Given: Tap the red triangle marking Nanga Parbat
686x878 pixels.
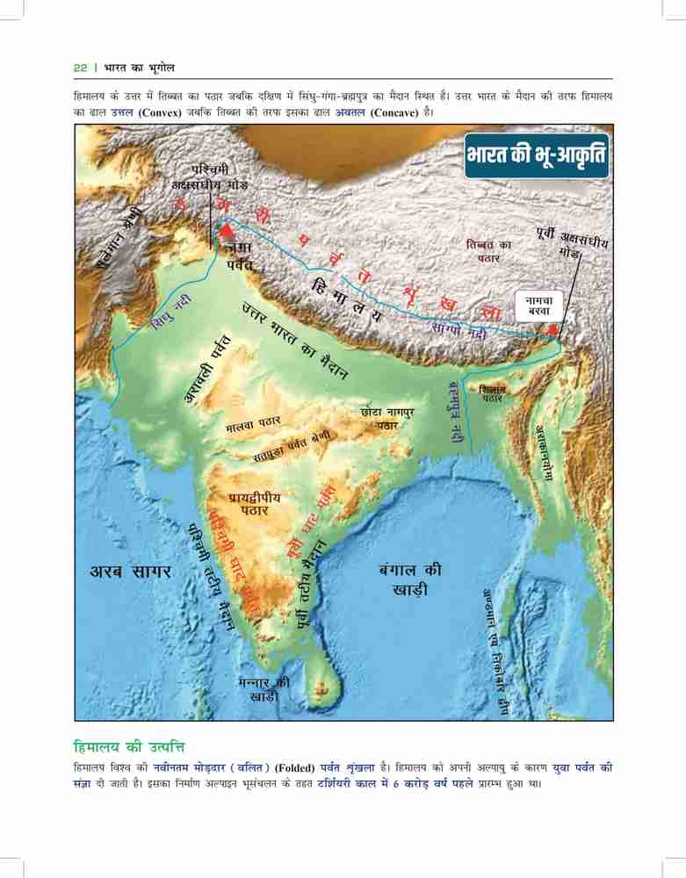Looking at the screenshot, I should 227,231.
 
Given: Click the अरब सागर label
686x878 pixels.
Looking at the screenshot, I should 132,572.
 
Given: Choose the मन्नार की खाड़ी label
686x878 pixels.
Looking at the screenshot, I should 264,689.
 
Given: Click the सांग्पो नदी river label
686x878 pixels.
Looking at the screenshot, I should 461,330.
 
